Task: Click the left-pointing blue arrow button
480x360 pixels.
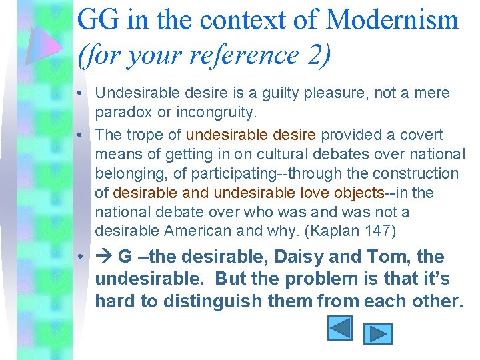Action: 340,329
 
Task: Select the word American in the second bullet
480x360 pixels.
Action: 198,231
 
